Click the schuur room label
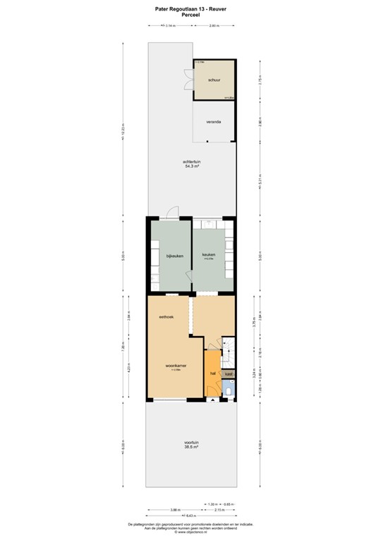point(214,80)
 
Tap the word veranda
point(214,123)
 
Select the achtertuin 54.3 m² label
point(191,166)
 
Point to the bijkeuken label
point(174,256)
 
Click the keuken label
point(209,255)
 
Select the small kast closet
point(229,373)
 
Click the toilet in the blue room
point(230,390)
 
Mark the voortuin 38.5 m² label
point(190,444)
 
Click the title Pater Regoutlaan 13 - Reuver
point(191,9)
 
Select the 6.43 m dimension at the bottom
point(190,517)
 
